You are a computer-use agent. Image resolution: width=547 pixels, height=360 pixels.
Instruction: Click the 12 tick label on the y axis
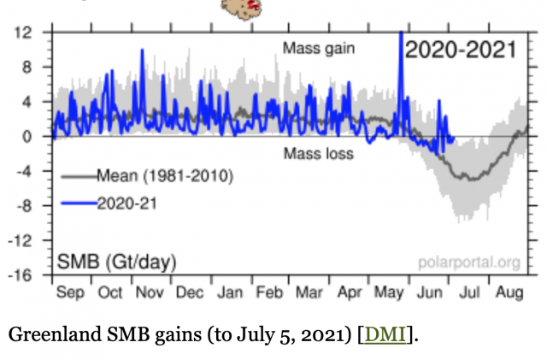23,32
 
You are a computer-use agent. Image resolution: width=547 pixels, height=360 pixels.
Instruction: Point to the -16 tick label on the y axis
20,275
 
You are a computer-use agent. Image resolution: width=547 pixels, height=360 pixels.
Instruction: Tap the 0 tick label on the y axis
27,137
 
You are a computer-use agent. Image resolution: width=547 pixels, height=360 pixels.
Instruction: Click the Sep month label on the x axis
70,292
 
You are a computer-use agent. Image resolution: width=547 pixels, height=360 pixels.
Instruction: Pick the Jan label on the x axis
230,292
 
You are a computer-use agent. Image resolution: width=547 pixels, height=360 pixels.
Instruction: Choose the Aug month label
509,292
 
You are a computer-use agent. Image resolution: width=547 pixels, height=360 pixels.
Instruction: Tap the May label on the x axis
389,292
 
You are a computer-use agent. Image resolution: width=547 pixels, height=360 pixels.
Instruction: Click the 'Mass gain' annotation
319,49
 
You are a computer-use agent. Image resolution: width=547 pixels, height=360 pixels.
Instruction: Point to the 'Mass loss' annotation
319,154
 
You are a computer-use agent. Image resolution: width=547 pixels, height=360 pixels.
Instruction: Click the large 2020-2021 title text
461,50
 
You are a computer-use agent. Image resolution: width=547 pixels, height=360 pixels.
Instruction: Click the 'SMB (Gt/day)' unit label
116,262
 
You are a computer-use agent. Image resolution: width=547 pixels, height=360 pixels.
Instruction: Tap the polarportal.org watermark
469,263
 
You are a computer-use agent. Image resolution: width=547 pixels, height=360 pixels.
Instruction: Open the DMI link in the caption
385,334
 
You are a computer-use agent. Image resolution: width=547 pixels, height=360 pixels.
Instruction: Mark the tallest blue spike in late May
401,32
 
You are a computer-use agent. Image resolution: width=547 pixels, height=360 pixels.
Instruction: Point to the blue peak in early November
142,50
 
